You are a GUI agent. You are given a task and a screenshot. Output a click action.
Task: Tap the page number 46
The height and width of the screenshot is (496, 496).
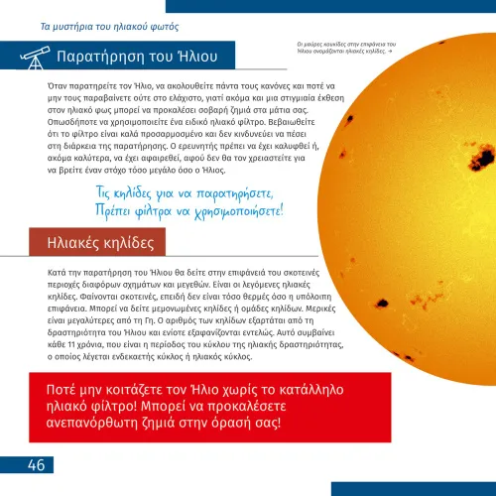(x=35, y=466)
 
